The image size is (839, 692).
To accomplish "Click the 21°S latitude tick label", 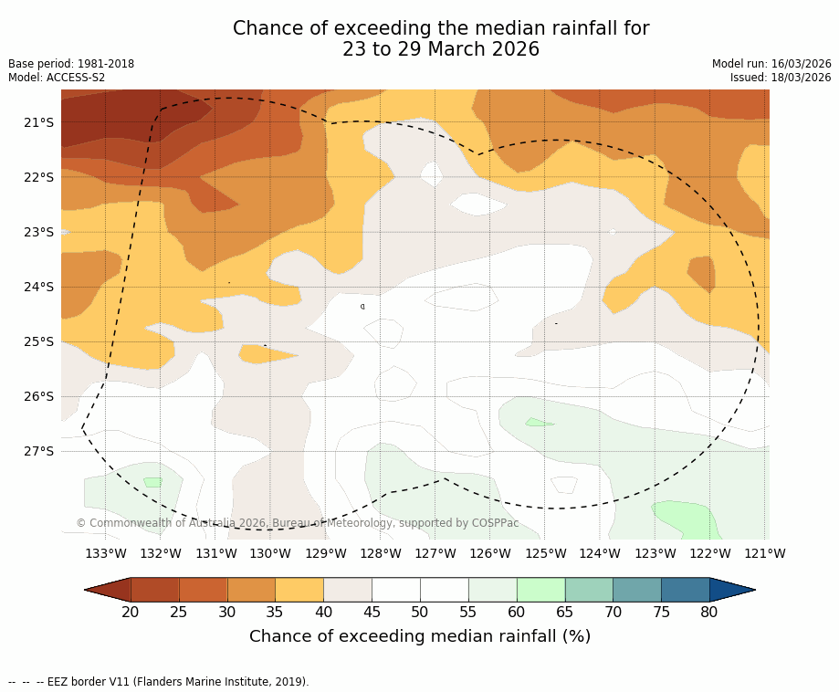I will pyautogui.click(x=38, y=122).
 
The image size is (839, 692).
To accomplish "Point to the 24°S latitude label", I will pyautogui.click(x=38, y=287).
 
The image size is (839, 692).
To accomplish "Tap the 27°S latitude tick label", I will pyautogui.click(x=38, y=451).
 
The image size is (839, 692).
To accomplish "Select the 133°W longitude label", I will pyautogui.click(x=106, y=553).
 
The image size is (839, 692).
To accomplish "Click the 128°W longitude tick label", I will pyautogui.click(x=381, y=553).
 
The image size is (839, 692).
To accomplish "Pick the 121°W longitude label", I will pyautogui.click(x=765, y=553).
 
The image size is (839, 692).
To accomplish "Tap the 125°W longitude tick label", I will pyautogui.click(x=545, y=553).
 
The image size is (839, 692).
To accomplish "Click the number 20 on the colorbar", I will pyautogui.click(x=131, y=612).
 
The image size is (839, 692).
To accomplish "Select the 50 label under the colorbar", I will pyautogui.click(x=420, y=612).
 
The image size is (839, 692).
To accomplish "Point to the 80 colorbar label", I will pyautogui.click(x=709, y=612).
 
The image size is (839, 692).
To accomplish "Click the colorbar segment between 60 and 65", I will pyautogui.click(x=540, y=590).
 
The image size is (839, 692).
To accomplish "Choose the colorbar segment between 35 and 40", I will pyautogui.click(x=299, y=590).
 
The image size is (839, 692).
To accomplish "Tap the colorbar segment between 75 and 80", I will pyautogui.click(x=685, y=590).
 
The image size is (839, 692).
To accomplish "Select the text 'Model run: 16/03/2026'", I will pyautogui.click(x=771, y=64).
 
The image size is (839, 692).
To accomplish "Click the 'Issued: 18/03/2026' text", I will pyautogui.click(x=781, y=78).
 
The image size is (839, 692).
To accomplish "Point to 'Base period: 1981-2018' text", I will pyautogui.click(x=71, y=64).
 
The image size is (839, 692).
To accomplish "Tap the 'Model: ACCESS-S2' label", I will pyautogui.click(x=57, y=78).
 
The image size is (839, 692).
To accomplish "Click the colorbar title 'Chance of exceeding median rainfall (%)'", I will pyautogui.click(x=420, y=636).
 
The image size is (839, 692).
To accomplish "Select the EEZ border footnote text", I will pyautogui.click(x=159, y=682).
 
